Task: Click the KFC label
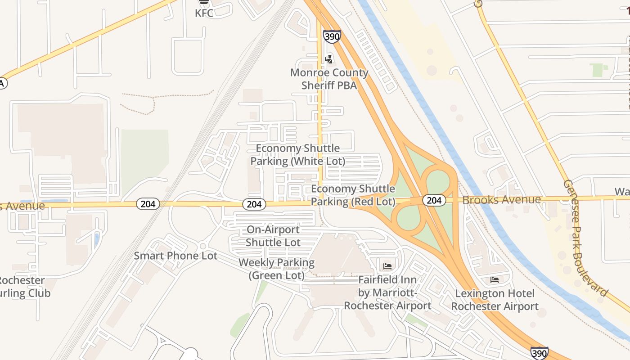pyautogui.click(x=204, y=13)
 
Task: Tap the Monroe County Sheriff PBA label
pyautogui.click(x=329, y=79)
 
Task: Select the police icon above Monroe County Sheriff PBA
pyautogui.click(x=329, y=58)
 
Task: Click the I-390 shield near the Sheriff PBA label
pyautogui.click(x=332, y=36)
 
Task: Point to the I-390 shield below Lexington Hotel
pyautogui.click(x=539, y=353)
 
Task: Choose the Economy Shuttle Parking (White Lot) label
pyautogui.click(x=298, y=154)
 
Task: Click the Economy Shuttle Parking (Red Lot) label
pyautogui.click(x=353, y=195)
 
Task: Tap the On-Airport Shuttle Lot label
pyautogui.click(x=273, y=236)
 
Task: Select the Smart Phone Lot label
pyautogui.click(x=175, y=256)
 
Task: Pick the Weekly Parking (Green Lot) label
pyautogui.click(x=276, y=269)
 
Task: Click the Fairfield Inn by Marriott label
pyautogui.click(x=387, y=292)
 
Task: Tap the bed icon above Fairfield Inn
pyautogui.click(x=387, y=266)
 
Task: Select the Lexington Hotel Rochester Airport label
pyautogui.click(x=495, y=300)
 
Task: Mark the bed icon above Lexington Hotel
pyautogui.click(x=494, y=280)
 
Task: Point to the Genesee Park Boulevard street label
pyautogui.click(x=585, y=238)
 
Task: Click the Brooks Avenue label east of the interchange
pyautogui.click(x=501, y=200)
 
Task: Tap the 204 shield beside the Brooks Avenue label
pyautogui.click(x=434, y=200)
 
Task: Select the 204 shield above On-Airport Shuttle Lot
pyautogui.click(x=254, y=204)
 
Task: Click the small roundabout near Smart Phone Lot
pyautogui.click(x=202, y=246)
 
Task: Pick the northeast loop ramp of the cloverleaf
pyautogui.click(x=437, y=182)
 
